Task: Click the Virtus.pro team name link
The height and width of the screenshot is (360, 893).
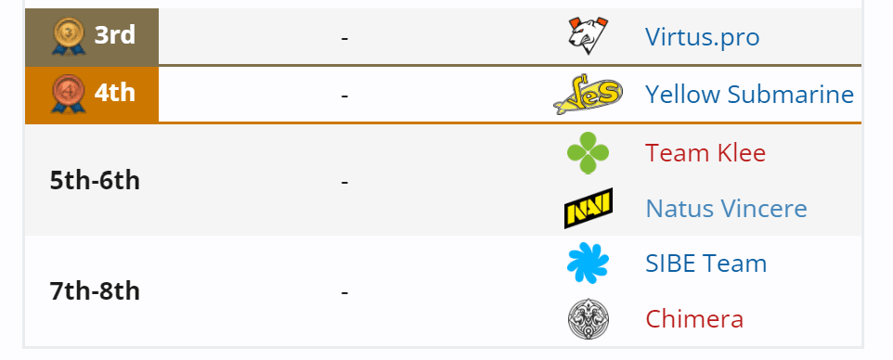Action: click(702, 37)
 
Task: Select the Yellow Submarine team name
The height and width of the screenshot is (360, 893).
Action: click(748, 94)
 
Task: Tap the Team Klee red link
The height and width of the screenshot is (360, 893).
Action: click(705, 152)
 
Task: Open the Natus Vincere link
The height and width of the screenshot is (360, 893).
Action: click(726, 208)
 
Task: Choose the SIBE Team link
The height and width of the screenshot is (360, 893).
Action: click(705, 264)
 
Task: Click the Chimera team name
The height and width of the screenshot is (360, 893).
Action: click(694, 319)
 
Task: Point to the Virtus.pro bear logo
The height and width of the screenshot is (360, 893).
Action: click(588, 36)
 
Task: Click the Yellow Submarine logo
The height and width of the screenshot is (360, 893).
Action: click(588, 94)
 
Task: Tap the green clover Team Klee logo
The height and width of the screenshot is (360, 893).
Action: click(588, 152)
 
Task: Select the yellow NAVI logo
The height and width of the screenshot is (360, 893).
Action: click(588, 209)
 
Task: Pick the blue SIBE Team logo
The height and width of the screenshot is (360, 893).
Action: click(588, 264)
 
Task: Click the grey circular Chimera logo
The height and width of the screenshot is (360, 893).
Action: click(588, 319)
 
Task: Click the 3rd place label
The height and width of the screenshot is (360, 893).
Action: click(114, 36)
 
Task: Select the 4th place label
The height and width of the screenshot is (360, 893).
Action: click(114, 93)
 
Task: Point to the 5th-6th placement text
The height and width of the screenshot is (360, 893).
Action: click(95, 180)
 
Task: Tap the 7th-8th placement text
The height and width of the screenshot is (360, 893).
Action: click(95, 291)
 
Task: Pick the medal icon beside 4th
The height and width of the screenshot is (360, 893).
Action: click(68, 94)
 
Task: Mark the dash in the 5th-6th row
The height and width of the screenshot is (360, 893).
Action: click(344, 182)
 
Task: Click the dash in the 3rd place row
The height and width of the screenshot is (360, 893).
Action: click(344, 39)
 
